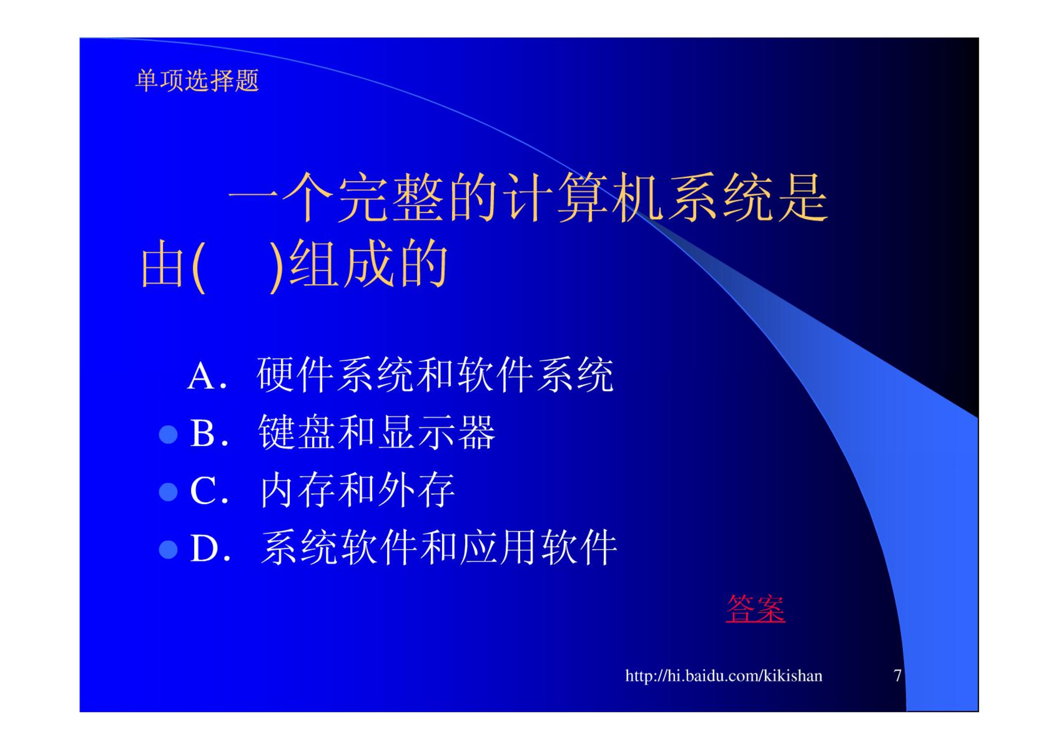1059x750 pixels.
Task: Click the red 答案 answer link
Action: (755, 608)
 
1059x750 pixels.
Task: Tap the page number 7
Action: (897, 676)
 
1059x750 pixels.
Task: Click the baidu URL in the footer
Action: (724, 676)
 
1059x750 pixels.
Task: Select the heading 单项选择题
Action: (197, 80)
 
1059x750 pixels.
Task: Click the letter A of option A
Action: (201, 376)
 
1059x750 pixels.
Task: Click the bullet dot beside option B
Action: (168, 434)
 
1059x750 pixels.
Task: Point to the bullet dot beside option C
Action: (168, 492)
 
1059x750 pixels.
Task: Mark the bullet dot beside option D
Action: (168, 549)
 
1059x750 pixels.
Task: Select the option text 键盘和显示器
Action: (377, 432)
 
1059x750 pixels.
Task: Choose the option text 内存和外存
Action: (357, 490)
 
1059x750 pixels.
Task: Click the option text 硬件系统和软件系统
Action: (435, 375)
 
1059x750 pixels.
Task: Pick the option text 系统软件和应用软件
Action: (439, 547)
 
